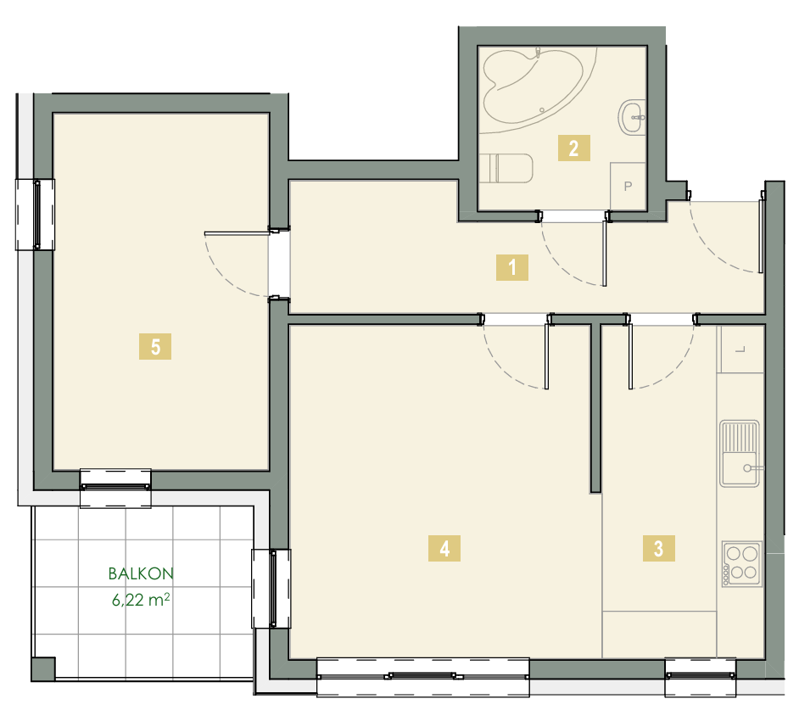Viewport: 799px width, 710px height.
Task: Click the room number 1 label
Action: click(512, 267)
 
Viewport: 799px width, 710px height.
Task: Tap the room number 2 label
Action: click(573, 148)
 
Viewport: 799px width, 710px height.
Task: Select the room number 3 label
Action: click(659, 549)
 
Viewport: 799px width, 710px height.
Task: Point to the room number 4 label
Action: click(444, 549)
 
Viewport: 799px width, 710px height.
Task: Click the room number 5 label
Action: click(155, 347)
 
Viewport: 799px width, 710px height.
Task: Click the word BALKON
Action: click(141, 574)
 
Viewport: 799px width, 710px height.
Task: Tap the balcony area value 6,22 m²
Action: click(141, 600)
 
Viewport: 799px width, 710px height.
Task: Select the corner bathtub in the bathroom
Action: click(533, 86)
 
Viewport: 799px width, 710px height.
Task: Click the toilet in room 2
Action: click(506, 168)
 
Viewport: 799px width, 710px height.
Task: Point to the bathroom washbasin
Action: click(633, 117)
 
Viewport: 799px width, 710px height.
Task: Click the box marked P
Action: click(628, 186)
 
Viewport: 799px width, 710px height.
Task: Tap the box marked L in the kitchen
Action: click(741, 349)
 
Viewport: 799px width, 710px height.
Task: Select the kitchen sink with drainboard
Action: click(740, 453)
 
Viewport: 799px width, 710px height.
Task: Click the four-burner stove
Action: click(742, 564)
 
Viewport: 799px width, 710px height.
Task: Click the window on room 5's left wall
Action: click(35, 215)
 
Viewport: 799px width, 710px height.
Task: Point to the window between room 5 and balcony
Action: click(115, 488)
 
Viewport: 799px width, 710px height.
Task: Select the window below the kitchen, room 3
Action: click(700, 676)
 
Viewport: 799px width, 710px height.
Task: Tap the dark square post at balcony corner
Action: click(43, 668)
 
